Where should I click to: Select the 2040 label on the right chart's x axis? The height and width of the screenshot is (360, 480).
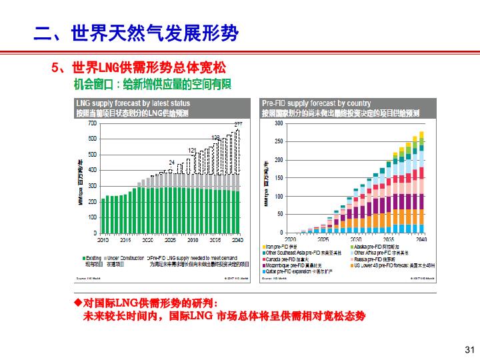point(421,239)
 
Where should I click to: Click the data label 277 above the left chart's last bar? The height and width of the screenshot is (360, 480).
point(238,125)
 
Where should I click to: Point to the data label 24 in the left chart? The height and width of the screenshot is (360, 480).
point(171,163)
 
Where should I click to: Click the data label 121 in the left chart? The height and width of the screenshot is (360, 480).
point(192,151)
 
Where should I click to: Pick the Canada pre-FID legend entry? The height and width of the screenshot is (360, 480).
point(283,259)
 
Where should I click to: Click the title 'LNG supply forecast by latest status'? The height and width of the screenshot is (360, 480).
point(133,103)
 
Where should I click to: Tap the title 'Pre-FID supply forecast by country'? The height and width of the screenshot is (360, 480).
point(316,103)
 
